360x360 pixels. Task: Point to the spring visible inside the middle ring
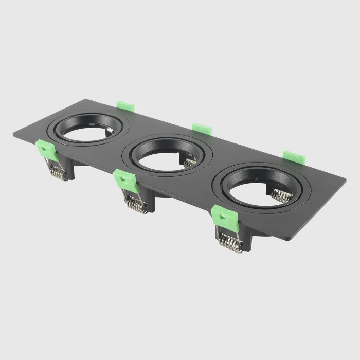tap(190, 163)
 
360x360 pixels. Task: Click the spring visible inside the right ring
tap(280, 195)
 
